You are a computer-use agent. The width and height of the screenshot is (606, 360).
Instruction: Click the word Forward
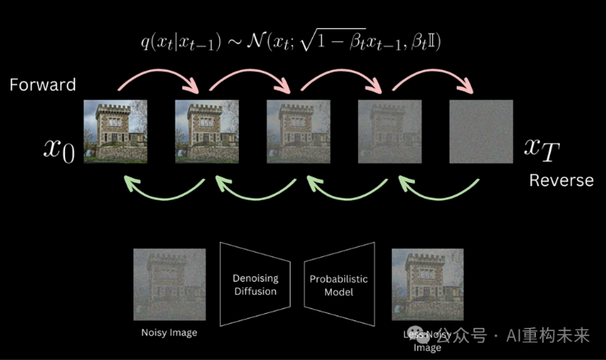(43, 84)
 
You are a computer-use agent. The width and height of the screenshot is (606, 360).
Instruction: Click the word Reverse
(561, 180)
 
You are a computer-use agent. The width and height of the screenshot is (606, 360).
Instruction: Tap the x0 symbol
(59, 149)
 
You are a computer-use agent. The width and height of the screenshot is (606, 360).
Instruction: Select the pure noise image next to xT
(481, 131)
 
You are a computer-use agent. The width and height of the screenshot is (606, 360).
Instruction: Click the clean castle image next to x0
(116, 131)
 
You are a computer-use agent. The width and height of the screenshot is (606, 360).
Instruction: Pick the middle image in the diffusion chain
(298, 131)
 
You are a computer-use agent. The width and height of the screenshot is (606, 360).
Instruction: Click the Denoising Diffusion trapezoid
(254, 285)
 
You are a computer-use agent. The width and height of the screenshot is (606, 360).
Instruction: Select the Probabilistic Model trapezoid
(339, 285)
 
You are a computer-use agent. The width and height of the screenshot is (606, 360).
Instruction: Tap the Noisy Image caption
(170, 333)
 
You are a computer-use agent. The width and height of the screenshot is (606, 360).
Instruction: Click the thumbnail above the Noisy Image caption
(170, 285)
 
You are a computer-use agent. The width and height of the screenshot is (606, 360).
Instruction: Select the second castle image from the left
(207, 131)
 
